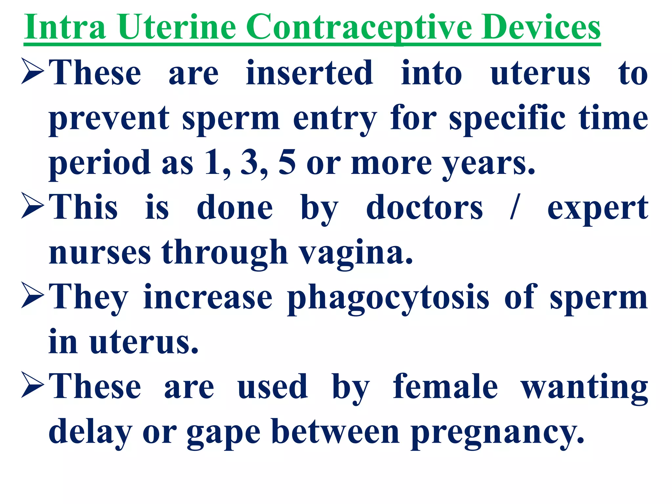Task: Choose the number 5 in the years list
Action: [x=287, y=162]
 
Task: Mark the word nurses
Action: [x=100, y=253]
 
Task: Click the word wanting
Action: [x=584, y=387]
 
